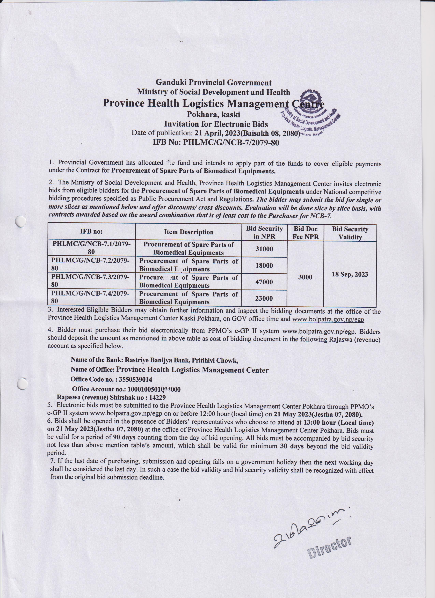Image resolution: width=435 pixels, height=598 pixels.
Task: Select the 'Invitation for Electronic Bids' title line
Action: point(216,124)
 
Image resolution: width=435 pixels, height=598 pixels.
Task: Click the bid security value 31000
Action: point(264,249)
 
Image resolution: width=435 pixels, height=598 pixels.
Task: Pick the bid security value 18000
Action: point(264,265)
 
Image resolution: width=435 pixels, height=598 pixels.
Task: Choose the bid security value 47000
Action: point(264,282)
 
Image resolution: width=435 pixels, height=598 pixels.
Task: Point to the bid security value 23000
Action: point(264,298)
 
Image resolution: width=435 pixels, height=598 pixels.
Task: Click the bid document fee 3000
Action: point(305,277)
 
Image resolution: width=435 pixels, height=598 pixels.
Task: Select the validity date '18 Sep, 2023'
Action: point(350,274)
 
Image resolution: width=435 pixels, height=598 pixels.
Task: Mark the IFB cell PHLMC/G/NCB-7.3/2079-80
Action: point(90,281)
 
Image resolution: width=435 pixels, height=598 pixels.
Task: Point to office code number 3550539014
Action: point(135,379)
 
